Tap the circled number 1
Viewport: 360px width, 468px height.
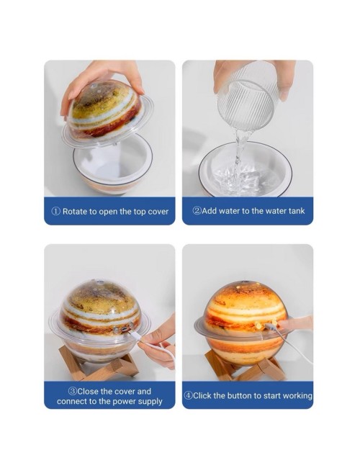pos(56,211)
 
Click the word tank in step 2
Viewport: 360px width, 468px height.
pos(297,211)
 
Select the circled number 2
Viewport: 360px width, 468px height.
pos(197,211)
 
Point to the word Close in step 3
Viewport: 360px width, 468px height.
pos(88,391)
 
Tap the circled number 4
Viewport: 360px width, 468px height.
pos(188,395)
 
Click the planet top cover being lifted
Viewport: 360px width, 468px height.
pos(107,112)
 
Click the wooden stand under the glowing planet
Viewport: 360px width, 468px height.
pos(243,367)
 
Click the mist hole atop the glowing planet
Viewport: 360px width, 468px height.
pos(246,282)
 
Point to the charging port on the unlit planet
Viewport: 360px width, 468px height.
pos(124,329)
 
